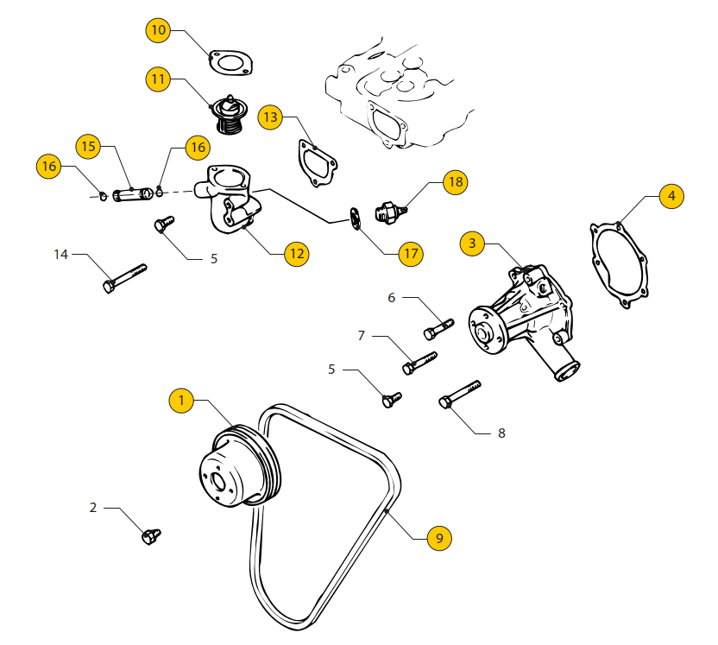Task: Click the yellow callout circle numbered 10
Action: [158, 31]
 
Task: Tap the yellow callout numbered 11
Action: [158, 80]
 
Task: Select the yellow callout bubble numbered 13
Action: [270, 117]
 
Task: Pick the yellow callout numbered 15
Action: [89, 146]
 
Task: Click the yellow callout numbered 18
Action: [456, 182]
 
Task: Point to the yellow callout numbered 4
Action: [671, 196]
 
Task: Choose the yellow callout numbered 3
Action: [472, 243]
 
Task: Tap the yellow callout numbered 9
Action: [439, 538]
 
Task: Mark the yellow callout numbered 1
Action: [181, 400]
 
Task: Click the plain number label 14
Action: [61, 255]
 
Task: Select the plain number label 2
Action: [93, 508]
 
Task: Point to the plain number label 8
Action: [501, 433]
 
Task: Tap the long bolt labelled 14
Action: [124, 276]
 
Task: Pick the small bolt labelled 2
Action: [151, 536]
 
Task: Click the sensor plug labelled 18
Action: [390, 210]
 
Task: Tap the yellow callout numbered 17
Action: [411, 253]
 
